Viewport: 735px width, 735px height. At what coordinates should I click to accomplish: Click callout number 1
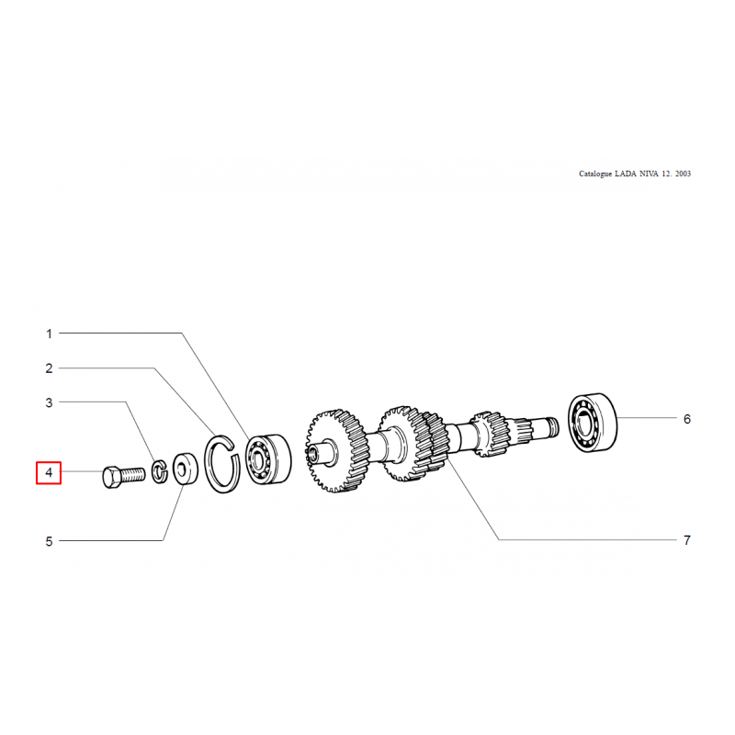coord(49,334)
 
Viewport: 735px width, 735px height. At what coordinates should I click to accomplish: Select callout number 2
coord(49,368)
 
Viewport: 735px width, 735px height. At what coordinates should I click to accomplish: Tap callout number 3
coord(49,402)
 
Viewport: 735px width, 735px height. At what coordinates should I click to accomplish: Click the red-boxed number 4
coord(49,472)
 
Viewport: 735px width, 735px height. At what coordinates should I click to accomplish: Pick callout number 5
coord(49,541)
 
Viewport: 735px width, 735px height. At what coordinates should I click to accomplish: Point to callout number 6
coord(686,419)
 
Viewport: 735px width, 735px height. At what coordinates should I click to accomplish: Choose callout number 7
coord(686,540)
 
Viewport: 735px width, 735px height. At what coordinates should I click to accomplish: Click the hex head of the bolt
coord(110,477)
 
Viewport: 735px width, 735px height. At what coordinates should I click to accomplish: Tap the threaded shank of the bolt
coord(132,474)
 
